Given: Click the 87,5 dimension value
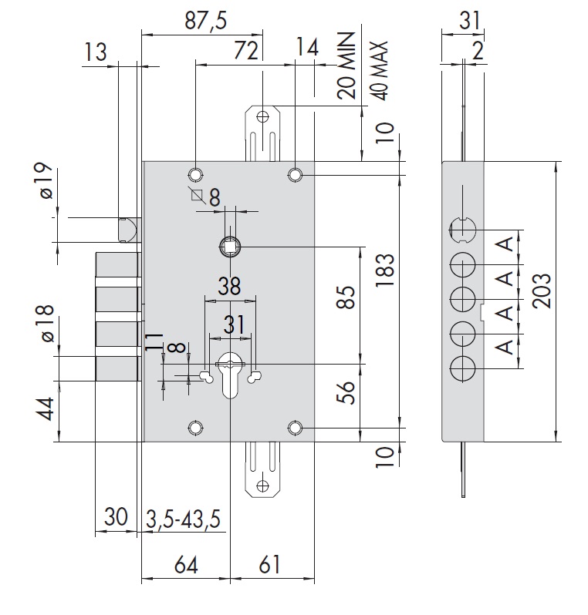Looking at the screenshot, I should click(205, 21).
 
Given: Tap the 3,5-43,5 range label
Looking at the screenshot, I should click(184, 519).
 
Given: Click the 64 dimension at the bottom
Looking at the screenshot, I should click(185, 565).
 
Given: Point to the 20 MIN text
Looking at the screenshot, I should click(347, 66).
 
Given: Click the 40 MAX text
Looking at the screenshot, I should click(379, 70).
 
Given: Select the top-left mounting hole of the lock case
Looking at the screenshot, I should click(195, 173).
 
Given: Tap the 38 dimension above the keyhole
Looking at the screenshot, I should click(230, 285).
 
